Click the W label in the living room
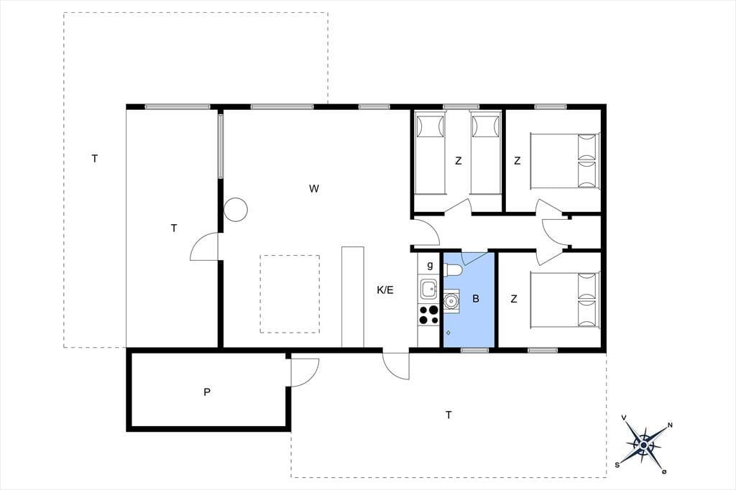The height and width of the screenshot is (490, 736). (x=314, y=189)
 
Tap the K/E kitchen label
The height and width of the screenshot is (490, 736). (x=385, y=290)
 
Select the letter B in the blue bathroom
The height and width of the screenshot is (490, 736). (x=476, y=298)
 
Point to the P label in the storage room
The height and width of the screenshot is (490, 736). (x=206, y=392)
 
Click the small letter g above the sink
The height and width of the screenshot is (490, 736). (x=430, y=266)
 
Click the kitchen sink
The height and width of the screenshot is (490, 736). (x=429, y=289)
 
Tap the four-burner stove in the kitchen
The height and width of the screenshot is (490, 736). (x=428, y=315)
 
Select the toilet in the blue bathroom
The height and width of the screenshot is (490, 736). (x=453, y=270)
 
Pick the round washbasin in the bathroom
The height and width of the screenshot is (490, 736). (x=452, y=300)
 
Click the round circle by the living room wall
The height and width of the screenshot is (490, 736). (x=236, y=209)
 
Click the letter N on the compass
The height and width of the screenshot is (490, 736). (x=670, y=425)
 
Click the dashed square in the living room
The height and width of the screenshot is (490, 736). (x=290, y=295)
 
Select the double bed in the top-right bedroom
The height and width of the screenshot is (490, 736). (x=565, y=161)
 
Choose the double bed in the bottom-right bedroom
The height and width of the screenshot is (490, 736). (x=565, y=300)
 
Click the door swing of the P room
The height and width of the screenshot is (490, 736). (x=305, y=373)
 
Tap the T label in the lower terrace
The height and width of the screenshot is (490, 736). (x=448, y=415)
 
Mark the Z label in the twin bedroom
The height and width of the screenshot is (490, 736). (x=458, y=161)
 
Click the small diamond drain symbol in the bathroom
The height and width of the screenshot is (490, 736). (x=448, y=333)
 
